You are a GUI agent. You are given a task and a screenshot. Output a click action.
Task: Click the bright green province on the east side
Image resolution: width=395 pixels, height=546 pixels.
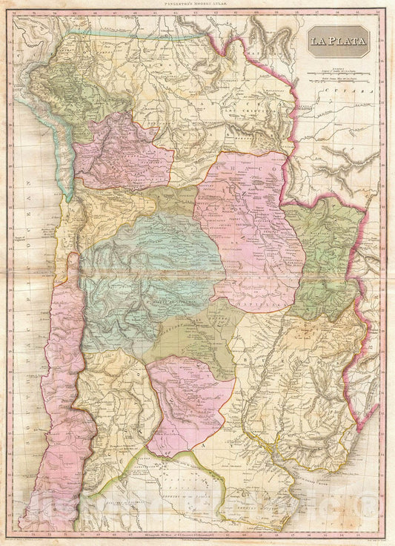pyautogui.click(x=322, y=245)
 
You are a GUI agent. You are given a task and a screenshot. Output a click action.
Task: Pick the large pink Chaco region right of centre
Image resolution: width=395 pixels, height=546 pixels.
pyautogui.click(x=252, y=223)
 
